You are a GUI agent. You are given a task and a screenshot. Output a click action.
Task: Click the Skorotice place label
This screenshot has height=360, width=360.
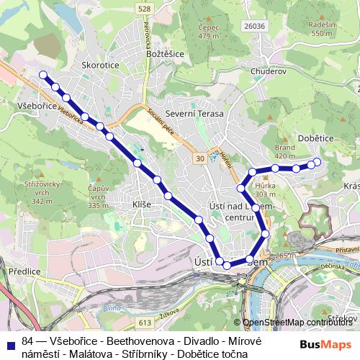(x=99, y=64)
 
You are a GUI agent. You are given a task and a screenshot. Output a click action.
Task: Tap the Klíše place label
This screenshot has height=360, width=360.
(x=141, y=204)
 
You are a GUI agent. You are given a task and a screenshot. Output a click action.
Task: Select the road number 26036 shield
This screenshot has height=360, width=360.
(x=254, y=27)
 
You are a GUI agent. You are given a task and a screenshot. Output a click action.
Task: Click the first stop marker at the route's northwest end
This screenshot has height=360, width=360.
(x=42, y=75)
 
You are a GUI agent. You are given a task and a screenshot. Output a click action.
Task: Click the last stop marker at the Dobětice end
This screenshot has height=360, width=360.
(x=317, y=162)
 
